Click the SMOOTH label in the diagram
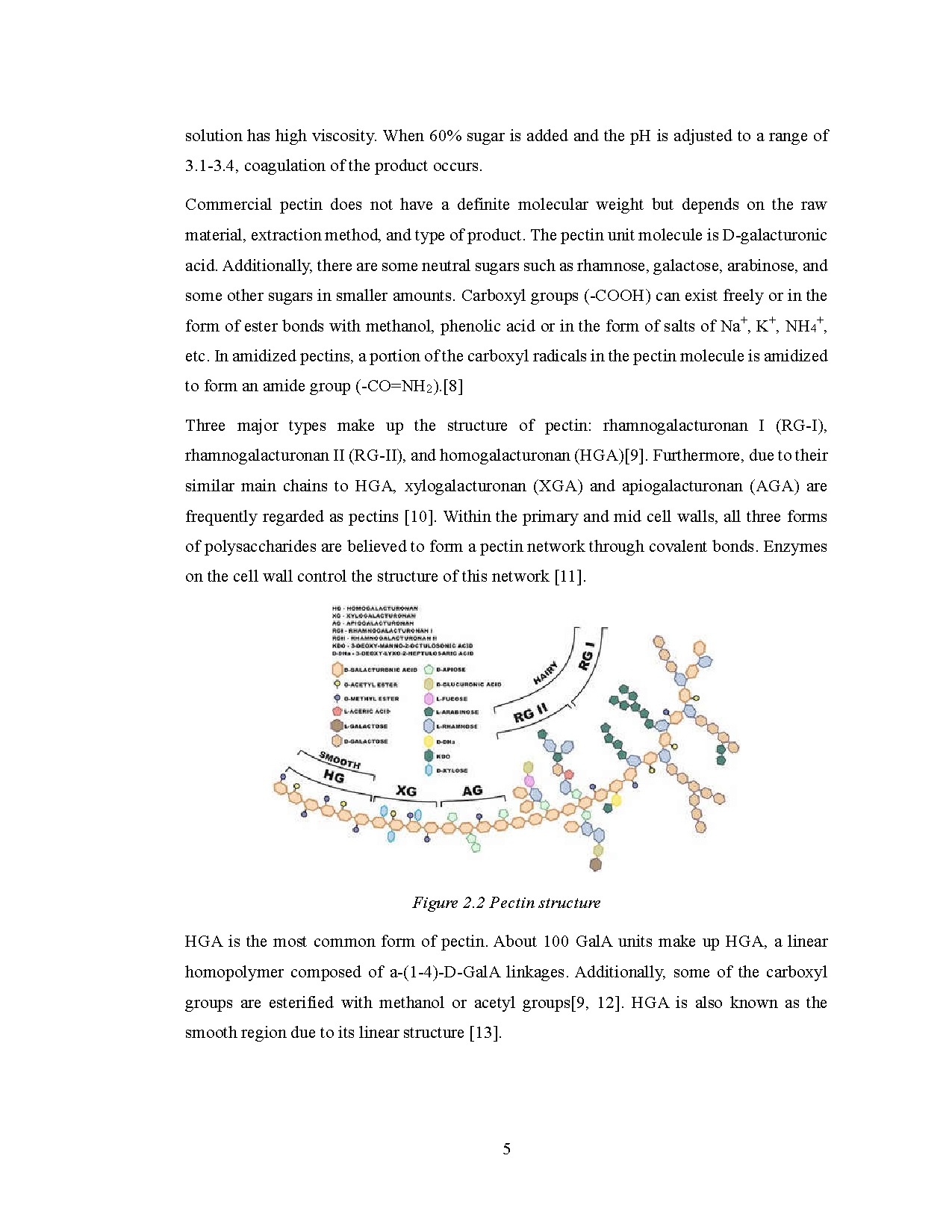[340, 761]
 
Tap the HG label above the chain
[334, 777]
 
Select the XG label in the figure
[406, 791]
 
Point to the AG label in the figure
[473, 791]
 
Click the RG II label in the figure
[531, 713]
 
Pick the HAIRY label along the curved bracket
[546, 673]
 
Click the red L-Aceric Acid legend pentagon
[337, 712]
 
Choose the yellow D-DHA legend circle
[429, 741]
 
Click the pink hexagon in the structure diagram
[529, 781]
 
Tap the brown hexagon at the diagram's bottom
[595, 865]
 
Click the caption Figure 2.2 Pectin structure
[506, 903]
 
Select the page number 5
[507, 1149]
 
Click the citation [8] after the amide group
[453, 386]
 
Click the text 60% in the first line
[447, 136]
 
